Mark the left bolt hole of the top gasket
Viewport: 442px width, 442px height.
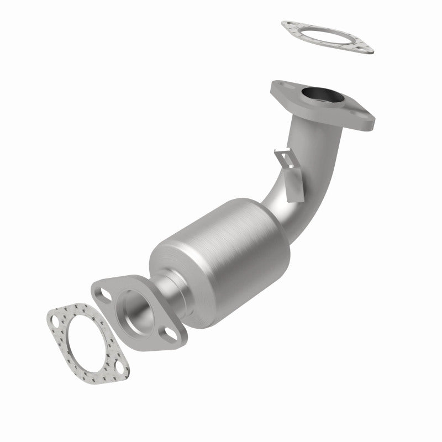click(x=288, y=25)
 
